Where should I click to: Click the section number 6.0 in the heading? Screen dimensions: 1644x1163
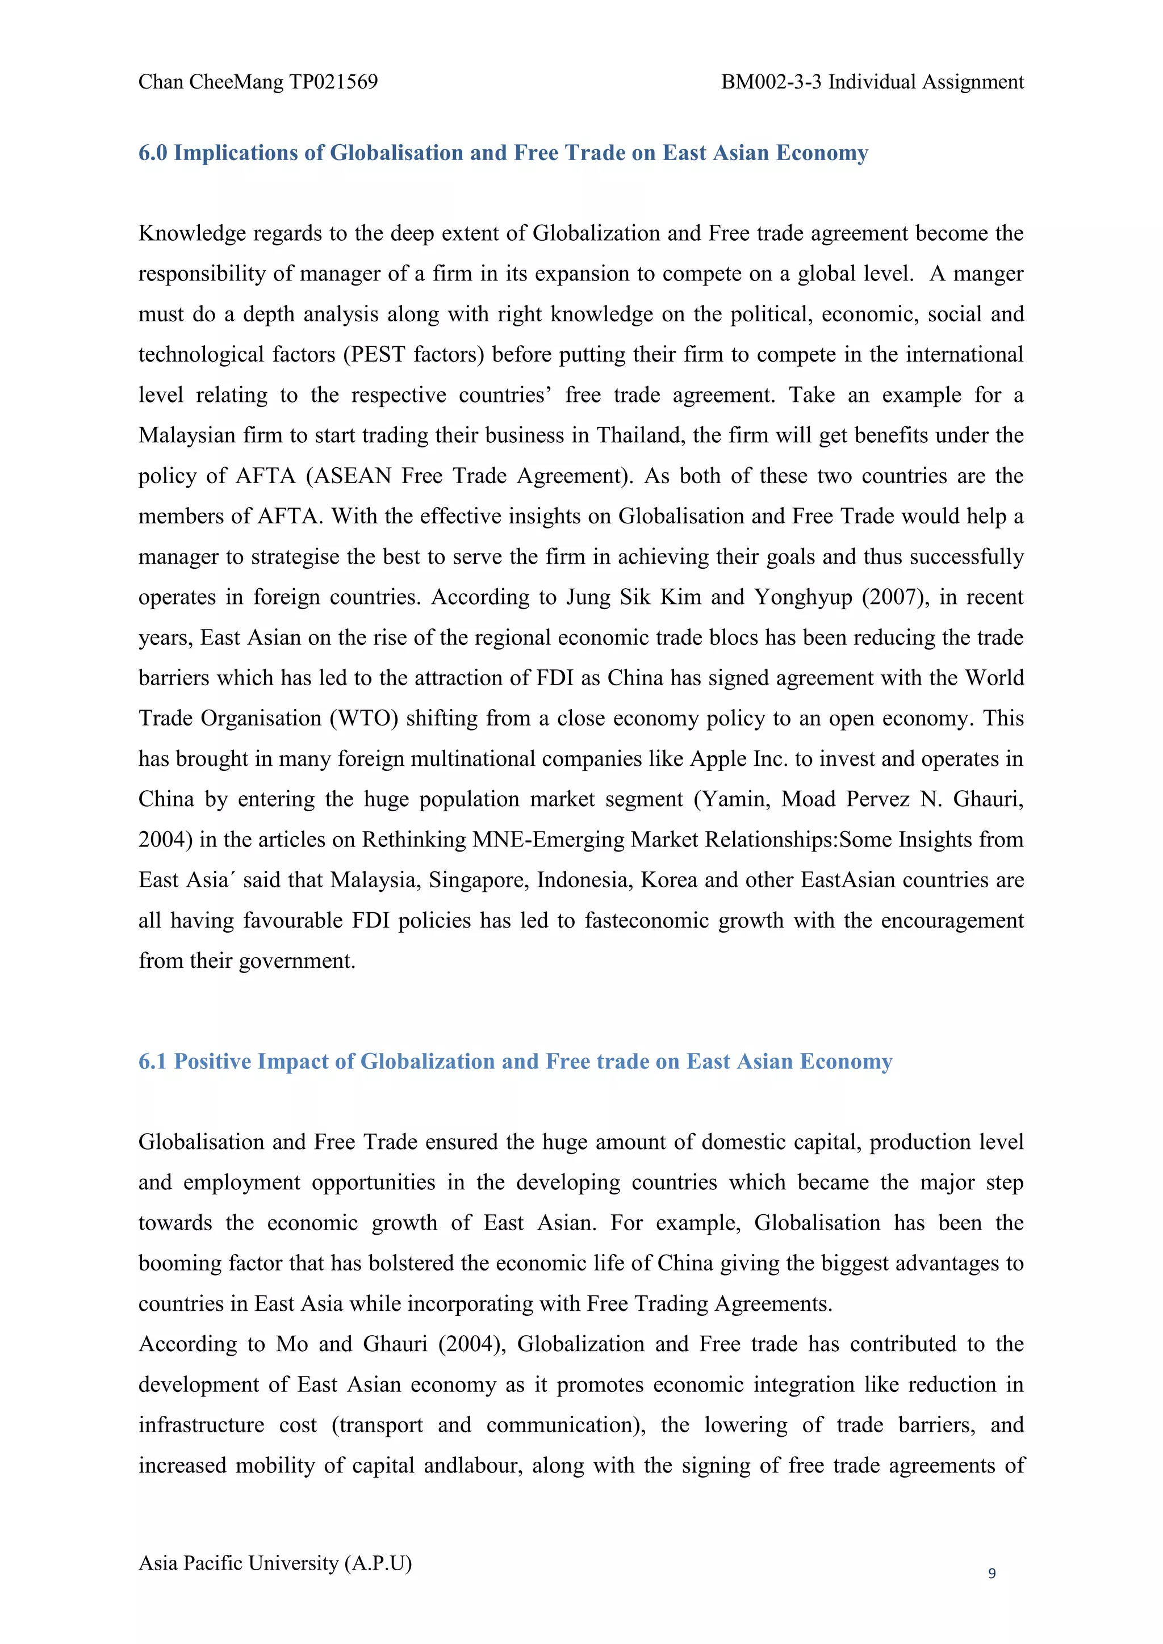click(x=153, y=153)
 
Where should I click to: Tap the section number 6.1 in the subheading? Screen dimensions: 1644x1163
click(x=153, y=1061)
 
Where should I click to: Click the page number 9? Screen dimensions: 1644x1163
click(x=992, y=1573)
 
